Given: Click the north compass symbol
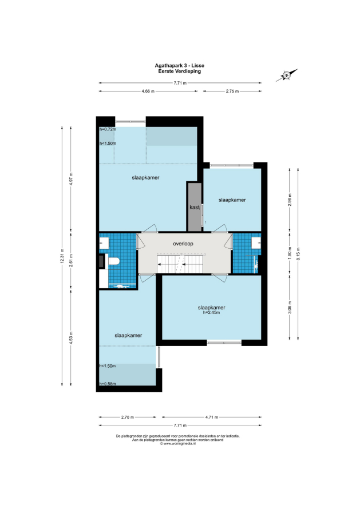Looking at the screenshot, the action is point(287,75).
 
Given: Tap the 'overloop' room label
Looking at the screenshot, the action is point(183,244).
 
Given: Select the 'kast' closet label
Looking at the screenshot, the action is point(194,207).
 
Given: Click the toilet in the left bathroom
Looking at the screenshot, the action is point(114,261).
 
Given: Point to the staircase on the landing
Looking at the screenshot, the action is point(180,263).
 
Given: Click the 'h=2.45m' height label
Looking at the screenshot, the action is point(211,313).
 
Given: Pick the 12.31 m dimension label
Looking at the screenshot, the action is point(62,256).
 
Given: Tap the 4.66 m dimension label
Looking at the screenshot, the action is point(148,91).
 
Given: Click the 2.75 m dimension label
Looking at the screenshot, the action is point(232,91).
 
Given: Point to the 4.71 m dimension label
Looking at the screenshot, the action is point(212,417).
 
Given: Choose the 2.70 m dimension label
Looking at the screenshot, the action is point(128,417).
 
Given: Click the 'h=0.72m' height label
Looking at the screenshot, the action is point(108,129).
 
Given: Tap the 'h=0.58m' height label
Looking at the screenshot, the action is point(108,384).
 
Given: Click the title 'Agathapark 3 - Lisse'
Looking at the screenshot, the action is point(179,66).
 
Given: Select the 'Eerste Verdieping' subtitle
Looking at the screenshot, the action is point(179,71).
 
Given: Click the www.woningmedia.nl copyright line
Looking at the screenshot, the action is point(178,443).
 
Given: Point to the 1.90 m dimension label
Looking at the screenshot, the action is point(290,253).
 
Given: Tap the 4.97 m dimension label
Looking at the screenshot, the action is point(71,179).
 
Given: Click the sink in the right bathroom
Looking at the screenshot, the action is point(256,242).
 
